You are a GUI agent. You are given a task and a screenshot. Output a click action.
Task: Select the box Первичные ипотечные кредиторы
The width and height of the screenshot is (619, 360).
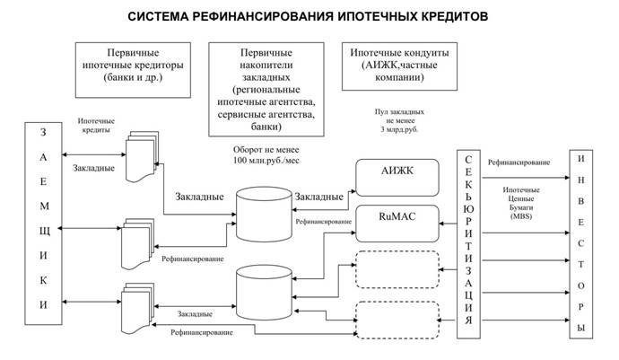pos(133,70)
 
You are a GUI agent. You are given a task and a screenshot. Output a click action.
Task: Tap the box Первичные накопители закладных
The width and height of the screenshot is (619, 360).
pos(266,89)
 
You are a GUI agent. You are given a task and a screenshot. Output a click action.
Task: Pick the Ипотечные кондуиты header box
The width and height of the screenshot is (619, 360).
pos(399,66)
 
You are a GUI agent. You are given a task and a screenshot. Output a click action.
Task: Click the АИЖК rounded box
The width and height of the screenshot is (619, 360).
pos(397,178)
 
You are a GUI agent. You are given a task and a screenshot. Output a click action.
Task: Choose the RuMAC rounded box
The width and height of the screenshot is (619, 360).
pos(397,224)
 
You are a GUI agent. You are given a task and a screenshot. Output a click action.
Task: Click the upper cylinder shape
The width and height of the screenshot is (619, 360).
pos(264,215)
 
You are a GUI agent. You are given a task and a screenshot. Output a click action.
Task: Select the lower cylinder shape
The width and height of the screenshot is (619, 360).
pos(264,293)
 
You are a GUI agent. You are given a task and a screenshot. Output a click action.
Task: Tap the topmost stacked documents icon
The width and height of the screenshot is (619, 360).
pos(142,156)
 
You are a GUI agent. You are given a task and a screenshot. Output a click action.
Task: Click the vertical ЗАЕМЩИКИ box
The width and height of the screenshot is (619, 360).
pos(43,224)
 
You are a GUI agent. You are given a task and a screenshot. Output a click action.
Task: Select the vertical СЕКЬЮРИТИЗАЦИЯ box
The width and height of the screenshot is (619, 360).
pos(468,244)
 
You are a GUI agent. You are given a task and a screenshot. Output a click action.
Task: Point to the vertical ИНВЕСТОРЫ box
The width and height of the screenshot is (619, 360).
pos(580,244)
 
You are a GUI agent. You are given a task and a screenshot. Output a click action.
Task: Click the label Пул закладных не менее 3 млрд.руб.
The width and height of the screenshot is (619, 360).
pos(399,120)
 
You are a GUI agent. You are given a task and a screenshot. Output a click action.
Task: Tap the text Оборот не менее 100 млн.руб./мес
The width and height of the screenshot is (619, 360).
pos(266,155)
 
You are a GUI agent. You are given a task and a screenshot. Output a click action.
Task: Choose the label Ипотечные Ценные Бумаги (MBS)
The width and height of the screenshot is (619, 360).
pos(521,203)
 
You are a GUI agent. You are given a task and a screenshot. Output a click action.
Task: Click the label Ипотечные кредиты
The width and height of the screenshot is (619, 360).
pos(96,126)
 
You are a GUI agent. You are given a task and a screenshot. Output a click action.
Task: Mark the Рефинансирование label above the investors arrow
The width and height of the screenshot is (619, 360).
pos(519,162)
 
